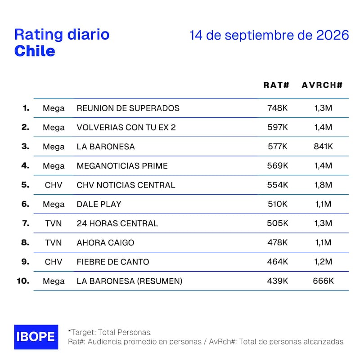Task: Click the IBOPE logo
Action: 36,337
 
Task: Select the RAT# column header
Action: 276,85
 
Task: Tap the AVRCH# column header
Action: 322,85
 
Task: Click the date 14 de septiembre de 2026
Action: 269,35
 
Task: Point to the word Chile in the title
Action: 35,51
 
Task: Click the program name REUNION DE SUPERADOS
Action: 128,108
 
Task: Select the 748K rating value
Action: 278,108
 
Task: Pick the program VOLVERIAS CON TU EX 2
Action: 126,127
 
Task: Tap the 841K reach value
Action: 323,146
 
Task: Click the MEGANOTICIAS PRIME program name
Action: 122,166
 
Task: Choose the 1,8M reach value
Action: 323,185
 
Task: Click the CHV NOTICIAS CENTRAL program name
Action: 126,185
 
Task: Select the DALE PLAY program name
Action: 99,204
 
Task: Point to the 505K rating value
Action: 278,223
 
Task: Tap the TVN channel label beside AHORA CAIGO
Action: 54,243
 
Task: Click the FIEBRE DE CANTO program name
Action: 113,262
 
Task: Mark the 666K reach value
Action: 323,281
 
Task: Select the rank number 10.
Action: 23,281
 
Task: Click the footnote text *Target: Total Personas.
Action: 110,332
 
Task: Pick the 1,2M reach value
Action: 323,262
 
